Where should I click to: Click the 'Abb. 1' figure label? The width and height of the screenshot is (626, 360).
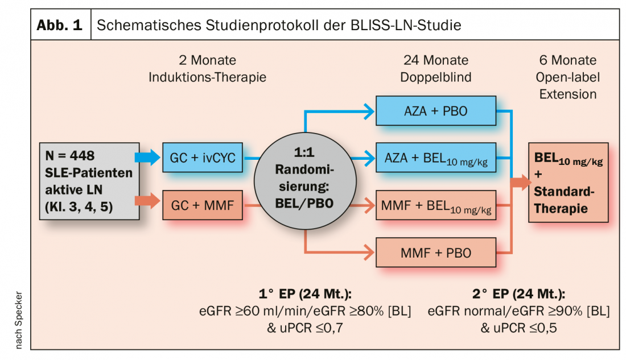60,26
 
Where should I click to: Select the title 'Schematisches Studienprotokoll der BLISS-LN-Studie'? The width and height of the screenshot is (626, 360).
279,26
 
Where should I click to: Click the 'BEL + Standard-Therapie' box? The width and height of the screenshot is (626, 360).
568,182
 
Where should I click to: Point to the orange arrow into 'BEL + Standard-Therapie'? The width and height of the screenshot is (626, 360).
520,182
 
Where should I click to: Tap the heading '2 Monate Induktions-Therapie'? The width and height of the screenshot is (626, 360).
207,68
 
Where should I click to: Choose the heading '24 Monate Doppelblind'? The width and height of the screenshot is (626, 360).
436,68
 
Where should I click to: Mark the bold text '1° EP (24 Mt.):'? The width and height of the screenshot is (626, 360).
304,294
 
